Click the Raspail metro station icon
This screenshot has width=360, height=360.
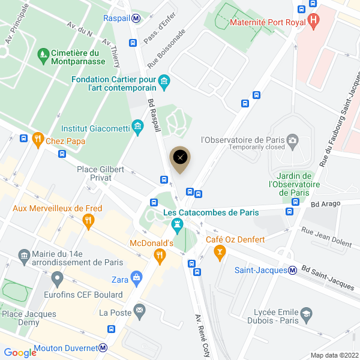point(137,18)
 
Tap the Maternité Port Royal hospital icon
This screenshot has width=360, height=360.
point(313,22)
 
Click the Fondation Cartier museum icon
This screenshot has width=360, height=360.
point(163,81)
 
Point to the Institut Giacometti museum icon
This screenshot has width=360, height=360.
point(138,127)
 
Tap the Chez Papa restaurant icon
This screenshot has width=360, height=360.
point(38,140)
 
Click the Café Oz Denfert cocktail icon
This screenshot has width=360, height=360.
point(220,251)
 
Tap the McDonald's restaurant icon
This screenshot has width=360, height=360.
point(160,256)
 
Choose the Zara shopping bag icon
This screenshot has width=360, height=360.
point(137,278)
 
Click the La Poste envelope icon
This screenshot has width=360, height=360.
point(140,311)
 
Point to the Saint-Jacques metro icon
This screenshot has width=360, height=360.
point(292,270)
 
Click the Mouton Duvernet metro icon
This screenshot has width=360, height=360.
point(103,348)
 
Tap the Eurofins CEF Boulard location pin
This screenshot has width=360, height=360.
point(58,278)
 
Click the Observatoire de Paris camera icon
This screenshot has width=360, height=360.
point(293,140)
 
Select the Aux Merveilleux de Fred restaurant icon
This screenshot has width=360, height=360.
point(88,220)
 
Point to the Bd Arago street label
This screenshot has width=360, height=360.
point(325,204)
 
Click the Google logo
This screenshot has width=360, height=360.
point(20,352)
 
